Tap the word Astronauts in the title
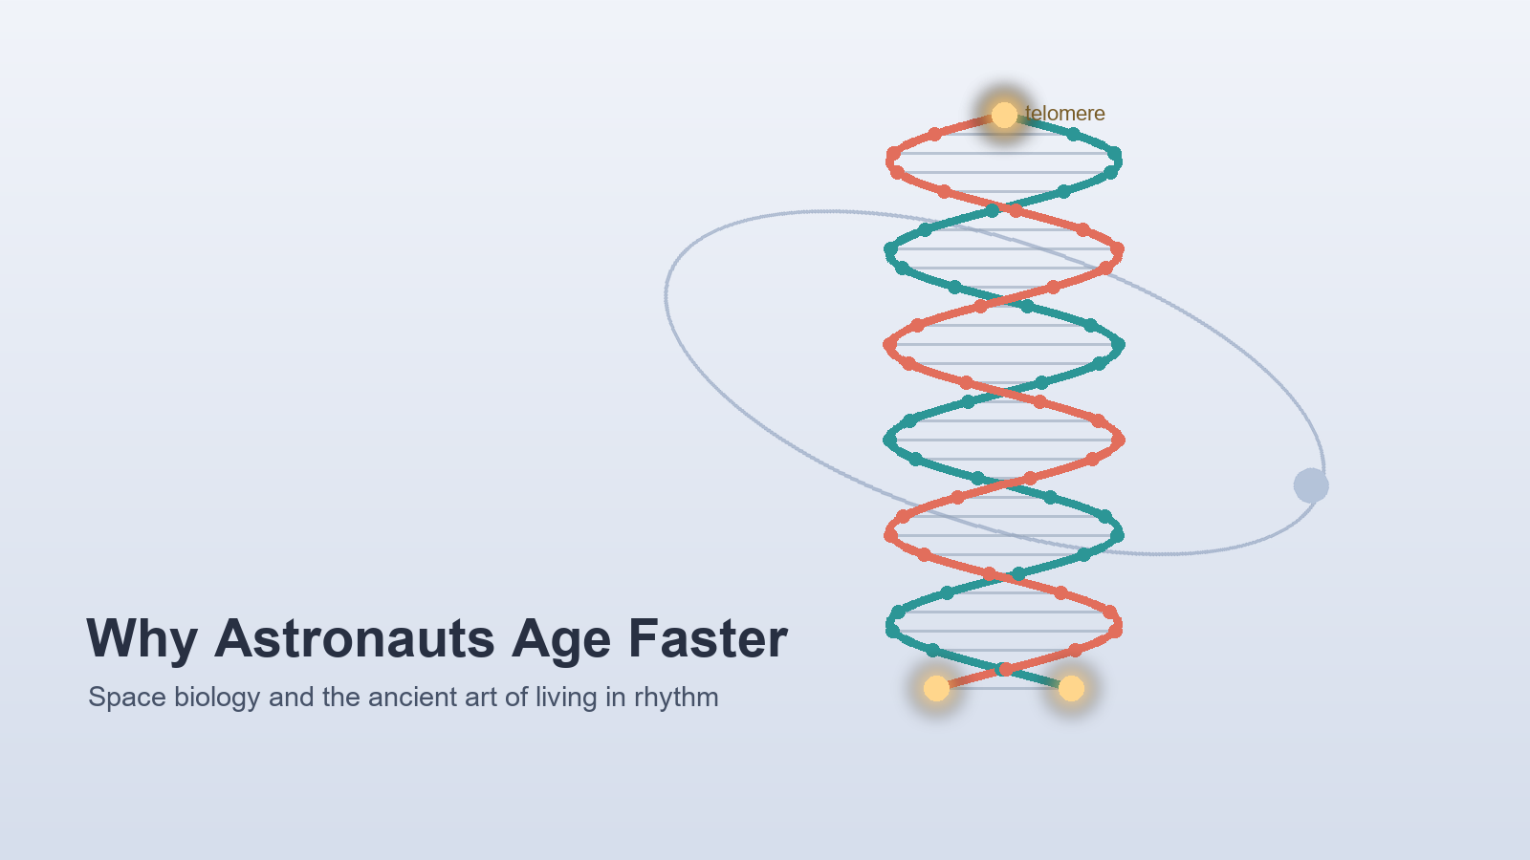pos(354,639)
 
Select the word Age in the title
pos(560,641)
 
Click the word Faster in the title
pos(708,639)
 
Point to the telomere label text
pos(1065,114)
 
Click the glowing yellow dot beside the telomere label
pos(1004,115)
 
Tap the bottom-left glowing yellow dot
pos(936,688)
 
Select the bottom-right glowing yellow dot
pos(1071,688)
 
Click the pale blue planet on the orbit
pos(1311,486)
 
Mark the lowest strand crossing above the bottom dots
pos(1004,669)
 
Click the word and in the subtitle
pos(291,698)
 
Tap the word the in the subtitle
pos(340,698)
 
